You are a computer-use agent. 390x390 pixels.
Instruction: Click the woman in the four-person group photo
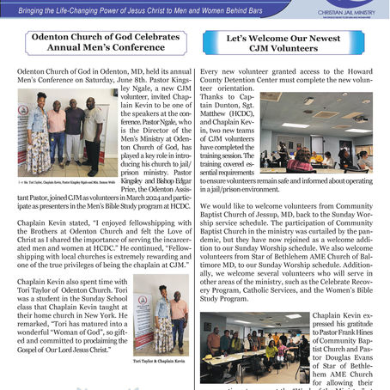point(40,138)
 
